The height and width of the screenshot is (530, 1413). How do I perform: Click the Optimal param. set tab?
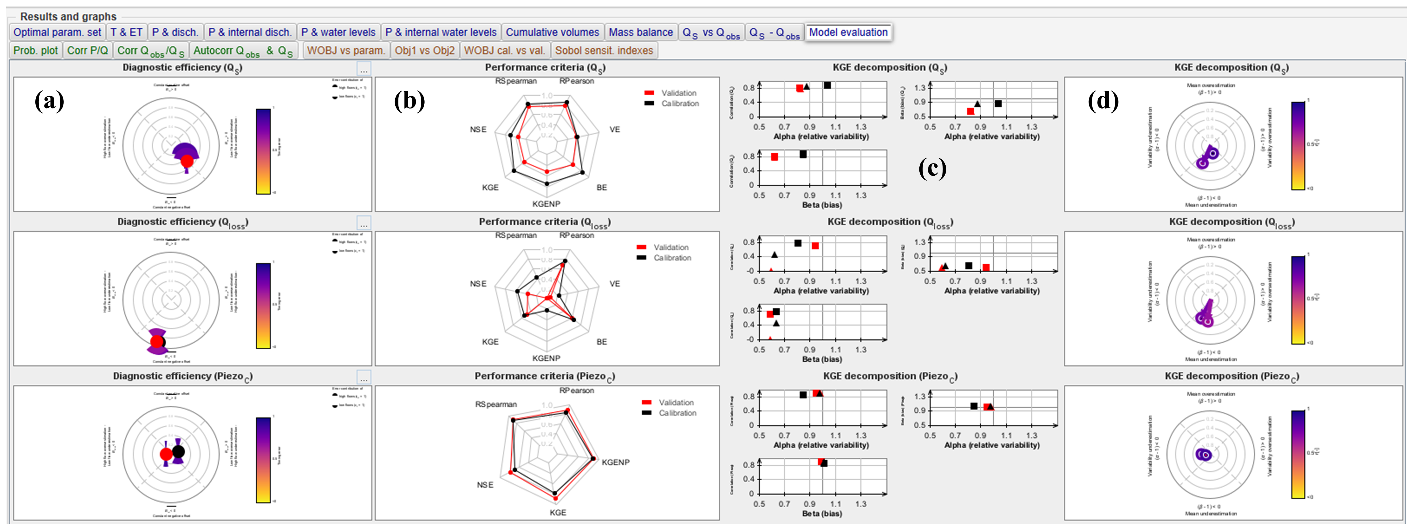pyautogui.click(x=57, y=32)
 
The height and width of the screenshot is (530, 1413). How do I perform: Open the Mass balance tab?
pyautogui.click(x=641, y=32)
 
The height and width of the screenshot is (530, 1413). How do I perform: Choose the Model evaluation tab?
pyautogui.click(x=848, y=32)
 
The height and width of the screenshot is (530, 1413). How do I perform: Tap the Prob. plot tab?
pyautogui.click(x=35, y=50)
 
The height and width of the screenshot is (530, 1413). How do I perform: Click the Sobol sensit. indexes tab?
pyautogui.click(x=604, y=50)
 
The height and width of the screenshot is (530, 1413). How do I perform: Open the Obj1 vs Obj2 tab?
pyautogui.click(x=425, y=50)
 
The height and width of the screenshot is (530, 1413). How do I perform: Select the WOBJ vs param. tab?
pyautogui.click(x=346, y=50)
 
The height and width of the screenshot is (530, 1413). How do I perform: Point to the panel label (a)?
pyautogui.click(x=49, y=101)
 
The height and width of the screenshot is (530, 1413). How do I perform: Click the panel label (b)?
pyautogui.click(x=409, y=101)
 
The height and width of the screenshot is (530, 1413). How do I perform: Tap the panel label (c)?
pyautogui.click(x=933, y=168)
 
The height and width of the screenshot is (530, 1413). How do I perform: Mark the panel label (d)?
pyautogui.click(x=1103, y=101)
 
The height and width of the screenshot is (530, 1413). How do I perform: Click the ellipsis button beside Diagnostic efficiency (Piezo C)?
pyautogui.click(x=364, y=377)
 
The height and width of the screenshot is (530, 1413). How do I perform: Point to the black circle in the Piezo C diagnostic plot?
pyautogui.click(x=178, y=452)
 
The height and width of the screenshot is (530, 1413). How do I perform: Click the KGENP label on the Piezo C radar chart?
pyautogui.click(x=615, y=462)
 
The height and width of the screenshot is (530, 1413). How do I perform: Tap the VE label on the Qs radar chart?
pyautogui.click(x=614, y=130)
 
